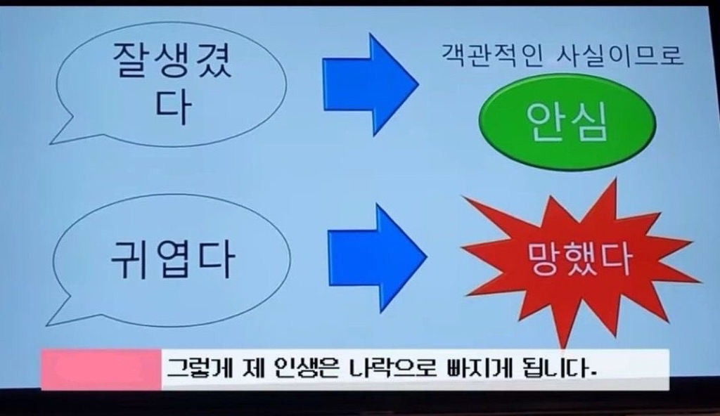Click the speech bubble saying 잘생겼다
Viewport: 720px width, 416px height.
(171, 85)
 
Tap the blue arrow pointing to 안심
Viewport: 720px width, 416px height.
(371, 84)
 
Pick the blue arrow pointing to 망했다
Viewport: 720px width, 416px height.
(378, 258)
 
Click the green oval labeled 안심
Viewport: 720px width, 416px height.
(567, 122)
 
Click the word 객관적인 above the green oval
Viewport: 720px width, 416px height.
(492, 56)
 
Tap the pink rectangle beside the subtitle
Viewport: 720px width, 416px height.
(101, 369)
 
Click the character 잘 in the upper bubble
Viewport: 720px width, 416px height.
(131, 60)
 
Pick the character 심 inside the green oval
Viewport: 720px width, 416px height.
(590, 122)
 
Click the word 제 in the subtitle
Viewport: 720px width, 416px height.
(253, 368)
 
